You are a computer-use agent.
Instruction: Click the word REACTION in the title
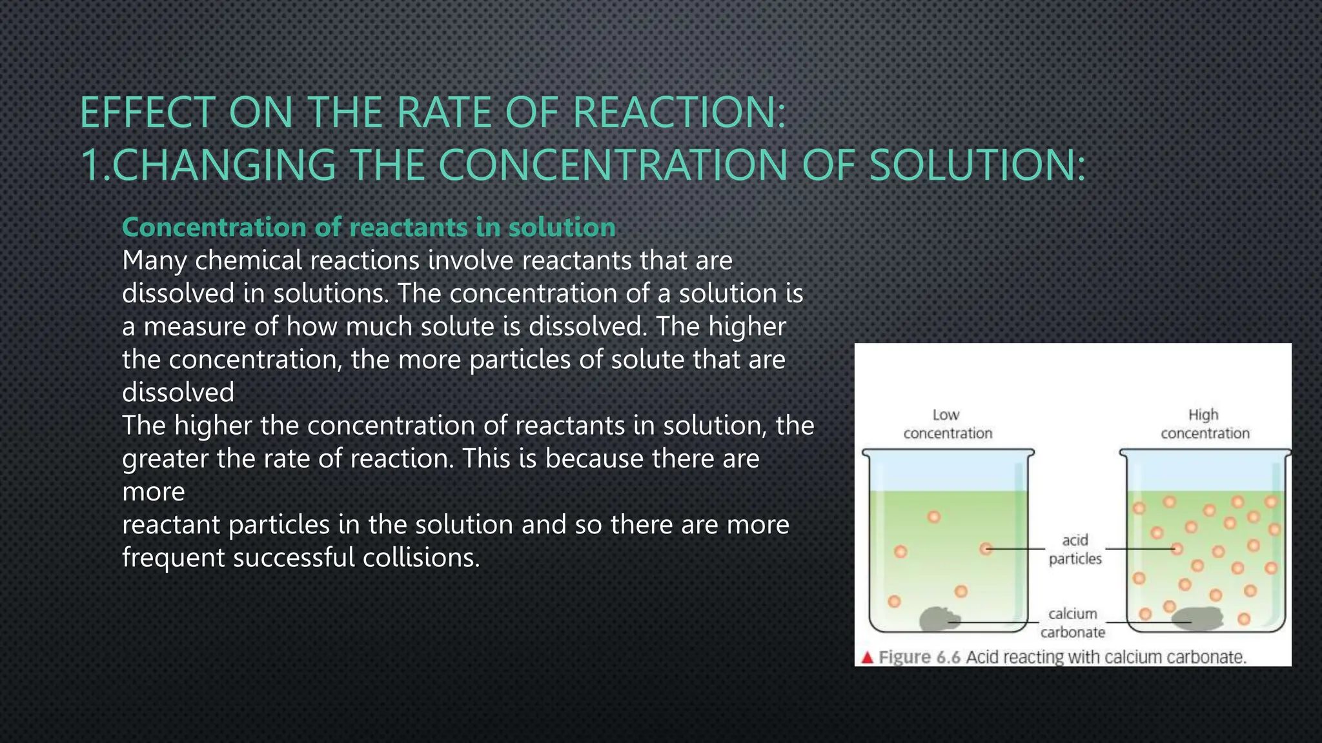677,113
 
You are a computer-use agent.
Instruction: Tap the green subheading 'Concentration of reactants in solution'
369,227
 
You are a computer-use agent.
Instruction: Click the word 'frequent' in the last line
172,558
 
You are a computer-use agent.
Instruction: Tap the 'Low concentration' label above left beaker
947,424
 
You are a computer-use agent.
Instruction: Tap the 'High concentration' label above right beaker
1205,424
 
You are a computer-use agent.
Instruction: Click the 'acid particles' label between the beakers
1075,549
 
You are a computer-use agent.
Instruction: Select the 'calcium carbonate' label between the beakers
1072,622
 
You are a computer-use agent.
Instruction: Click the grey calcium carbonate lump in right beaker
1198,618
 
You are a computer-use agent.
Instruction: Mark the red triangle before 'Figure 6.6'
867,657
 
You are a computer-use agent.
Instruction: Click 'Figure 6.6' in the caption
920,657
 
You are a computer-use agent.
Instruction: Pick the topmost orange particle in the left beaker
933,517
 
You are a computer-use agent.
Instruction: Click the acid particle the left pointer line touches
986,549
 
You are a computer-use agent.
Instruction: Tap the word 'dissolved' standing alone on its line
178,393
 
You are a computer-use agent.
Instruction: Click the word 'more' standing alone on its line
154,492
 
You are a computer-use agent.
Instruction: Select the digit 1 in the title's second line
90,165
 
